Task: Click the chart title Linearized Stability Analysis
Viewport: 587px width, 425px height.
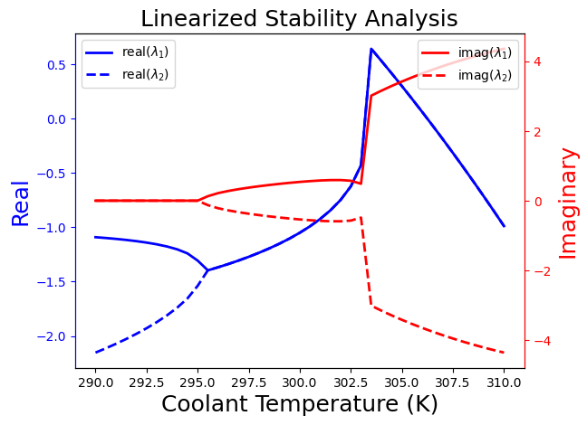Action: [x=299, y=19]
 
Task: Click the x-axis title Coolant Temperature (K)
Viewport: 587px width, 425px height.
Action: [x=299, y=403]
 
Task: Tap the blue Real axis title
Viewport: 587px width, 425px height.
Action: [x=20, y=203]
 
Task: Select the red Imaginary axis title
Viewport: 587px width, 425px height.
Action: [x=568, y=203]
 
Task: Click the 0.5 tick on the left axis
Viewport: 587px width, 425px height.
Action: [x=56, y=65]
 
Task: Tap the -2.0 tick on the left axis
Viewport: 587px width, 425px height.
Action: [x=53, y=336]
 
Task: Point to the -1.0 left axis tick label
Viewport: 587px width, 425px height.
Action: [x=53, y=228]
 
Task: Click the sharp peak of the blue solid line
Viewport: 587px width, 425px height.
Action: [x=371, y=49]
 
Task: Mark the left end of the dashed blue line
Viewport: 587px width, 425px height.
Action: [x=96, y=352]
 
